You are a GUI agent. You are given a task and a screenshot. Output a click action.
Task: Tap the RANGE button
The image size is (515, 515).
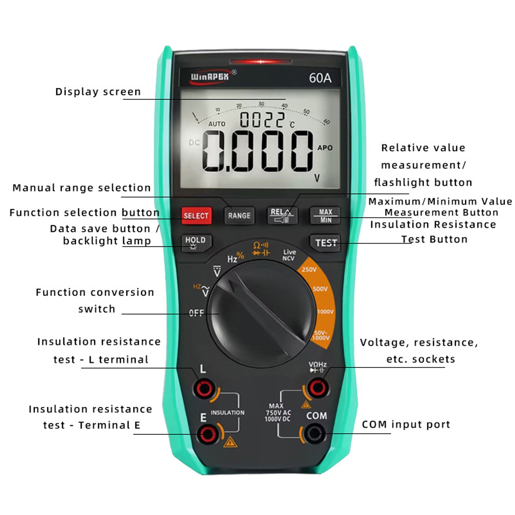tap(239, 215)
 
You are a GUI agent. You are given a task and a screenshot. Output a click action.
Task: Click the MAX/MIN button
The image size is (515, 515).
tap(325, 215)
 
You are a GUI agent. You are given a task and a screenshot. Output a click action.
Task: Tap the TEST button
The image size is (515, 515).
tap(325, 243)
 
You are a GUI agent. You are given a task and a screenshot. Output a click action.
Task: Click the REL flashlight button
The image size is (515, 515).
tap(282, 215)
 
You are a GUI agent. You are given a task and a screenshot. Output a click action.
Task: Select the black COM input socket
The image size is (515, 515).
tap(314, 433)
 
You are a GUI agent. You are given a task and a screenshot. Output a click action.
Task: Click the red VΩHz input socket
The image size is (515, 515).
tap(318, 388)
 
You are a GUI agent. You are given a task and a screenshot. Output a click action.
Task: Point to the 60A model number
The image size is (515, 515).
tap(320, 78)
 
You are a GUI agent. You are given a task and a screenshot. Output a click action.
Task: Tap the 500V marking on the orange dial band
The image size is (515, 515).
tap(320, 289)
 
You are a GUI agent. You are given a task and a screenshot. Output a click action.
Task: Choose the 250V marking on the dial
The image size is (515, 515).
tap(309, 269)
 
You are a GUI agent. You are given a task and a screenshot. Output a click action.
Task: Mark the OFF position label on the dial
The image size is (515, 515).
tap(196, 313)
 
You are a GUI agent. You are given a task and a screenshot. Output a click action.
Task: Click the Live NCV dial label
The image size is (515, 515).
tap(289, 255)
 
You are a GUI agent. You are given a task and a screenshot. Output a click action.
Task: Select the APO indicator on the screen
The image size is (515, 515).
tap(325, 148)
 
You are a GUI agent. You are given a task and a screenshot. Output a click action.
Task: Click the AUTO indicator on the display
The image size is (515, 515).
tap(217, 124)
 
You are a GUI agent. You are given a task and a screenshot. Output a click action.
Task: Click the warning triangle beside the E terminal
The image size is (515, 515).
tap(230, 442)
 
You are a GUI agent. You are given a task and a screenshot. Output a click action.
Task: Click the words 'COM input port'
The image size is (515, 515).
tap(406, 425)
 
